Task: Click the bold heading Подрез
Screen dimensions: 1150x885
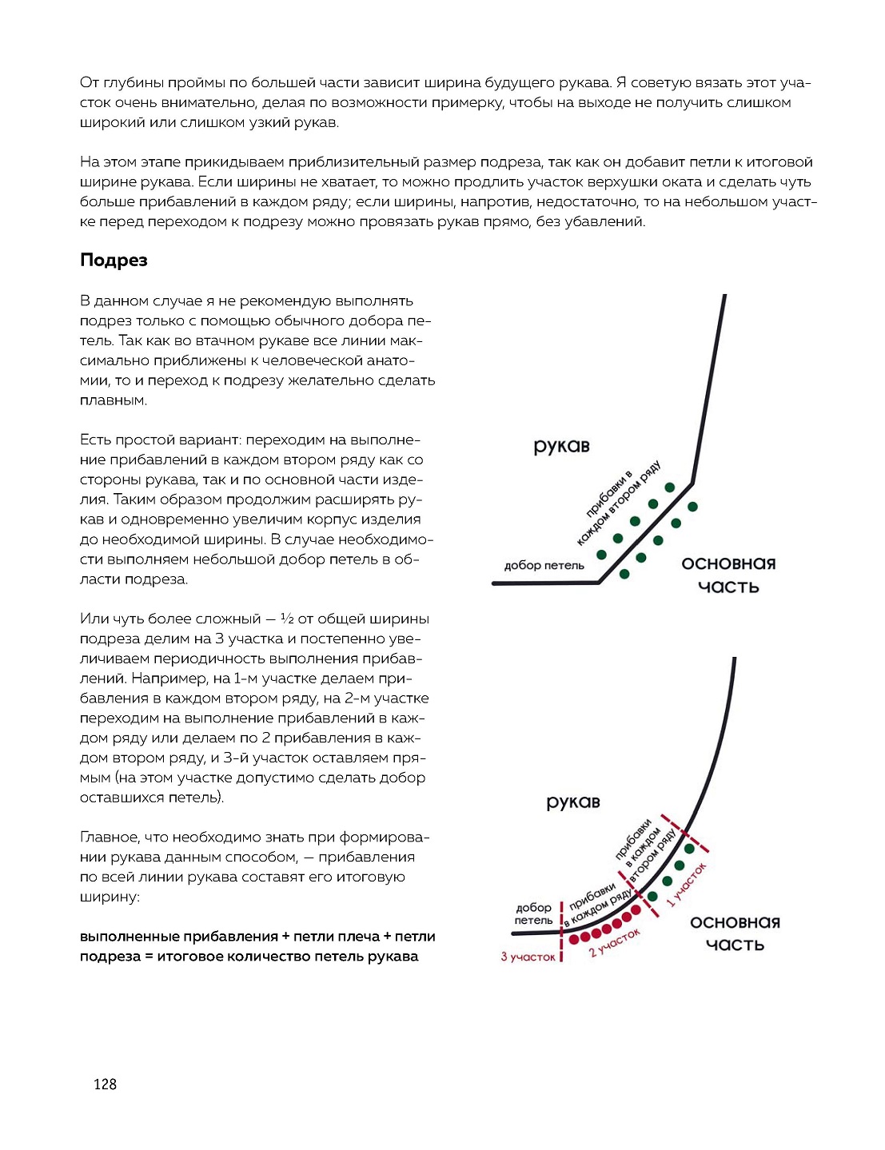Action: point(114,261)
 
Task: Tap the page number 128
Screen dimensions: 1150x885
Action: point(105,1084)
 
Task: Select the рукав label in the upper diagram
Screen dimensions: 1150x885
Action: point(561,447)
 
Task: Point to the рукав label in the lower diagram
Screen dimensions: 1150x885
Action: point(572,802)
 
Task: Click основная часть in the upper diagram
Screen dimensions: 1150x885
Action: point(728,575)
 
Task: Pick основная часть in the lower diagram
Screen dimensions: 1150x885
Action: point(735,933)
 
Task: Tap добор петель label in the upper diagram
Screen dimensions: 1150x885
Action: point(544,566)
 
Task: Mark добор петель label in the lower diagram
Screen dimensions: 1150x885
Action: point(533,913)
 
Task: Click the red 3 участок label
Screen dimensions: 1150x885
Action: point(528,957)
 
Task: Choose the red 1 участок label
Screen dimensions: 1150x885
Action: point(687,885)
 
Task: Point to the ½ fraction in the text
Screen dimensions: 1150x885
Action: point(287,619)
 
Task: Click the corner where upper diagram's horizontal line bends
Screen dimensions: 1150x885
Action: point(600,583)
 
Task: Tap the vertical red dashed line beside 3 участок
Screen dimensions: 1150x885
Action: point(562,931)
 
